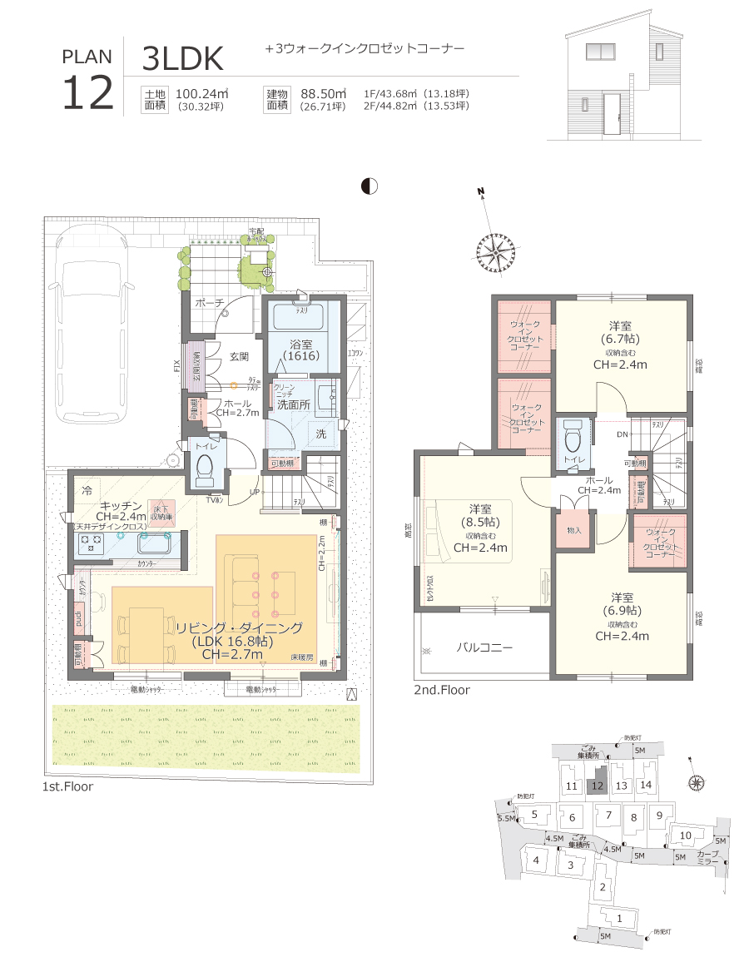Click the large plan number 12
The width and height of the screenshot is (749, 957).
[x=87, y=92]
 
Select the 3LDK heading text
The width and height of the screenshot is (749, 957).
[x=183, y=59]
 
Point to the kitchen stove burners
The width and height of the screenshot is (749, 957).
[x=90, y=543]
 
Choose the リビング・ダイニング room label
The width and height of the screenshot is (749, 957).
[x=238, y=628]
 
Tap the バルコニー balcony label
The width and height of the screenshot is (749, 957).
[x=484, y=647]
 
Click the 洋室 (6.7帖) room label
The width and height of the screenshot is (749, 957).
[x=620, y=333]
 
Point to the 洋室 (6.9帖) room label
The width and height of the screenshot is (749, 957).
[x=622, y=605]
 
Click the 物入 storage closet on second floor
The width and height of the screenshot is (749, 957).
[x=574, y=530]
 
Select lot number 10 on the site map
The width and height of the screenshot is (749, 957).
[x=685, y=836]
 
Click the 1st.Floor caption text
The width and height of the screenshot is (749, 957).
[x=67, y=786]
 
